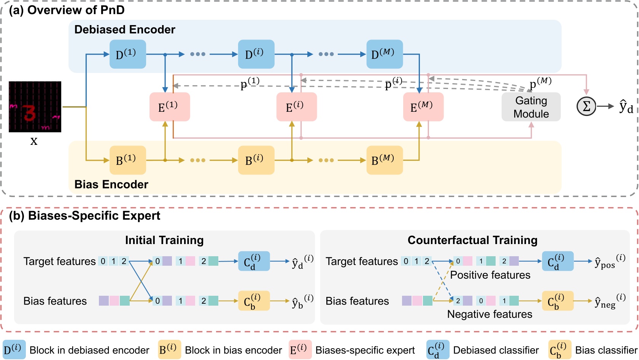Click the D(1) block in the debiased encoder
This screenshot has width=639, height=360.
(128, 54)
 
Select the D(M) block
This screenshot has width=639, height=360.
(385, 54)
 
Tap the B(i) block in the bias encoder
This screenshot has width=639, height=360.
(256, 160)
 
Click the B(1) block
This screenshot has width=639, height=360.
(128, 160)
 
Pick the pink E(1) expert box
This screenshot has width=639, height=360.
(170, 107)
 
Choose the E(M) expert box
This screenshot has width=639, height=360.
(423, 107)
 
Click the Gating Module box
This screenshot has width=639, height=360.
(531, 107)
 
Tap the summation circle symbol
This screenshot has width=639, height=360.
(587, 106)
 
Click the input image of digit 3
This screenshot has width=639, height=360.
(35, 107)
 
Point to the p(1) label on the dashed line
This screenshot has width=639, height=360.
(250, 83)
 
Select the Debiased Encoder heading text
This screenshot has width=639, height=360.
(125, 30)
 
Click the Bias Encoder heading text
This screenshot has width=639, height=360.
(111, 184)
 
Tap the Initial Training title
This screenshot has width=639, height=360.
(164, 240)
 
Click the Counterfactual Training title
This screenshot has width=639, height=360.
(472, 240)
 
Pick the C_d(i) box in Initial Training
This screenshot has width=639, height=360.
(254, 261)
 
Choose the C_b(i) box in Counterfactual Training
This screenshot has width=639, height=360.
(558, 301)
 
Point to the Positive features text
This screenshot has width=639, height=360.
(490, 275)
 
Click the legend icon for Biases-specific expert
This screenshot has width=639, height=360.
(300, 350)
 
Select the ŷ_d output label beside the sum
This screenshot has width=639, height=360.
(626, 107)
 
